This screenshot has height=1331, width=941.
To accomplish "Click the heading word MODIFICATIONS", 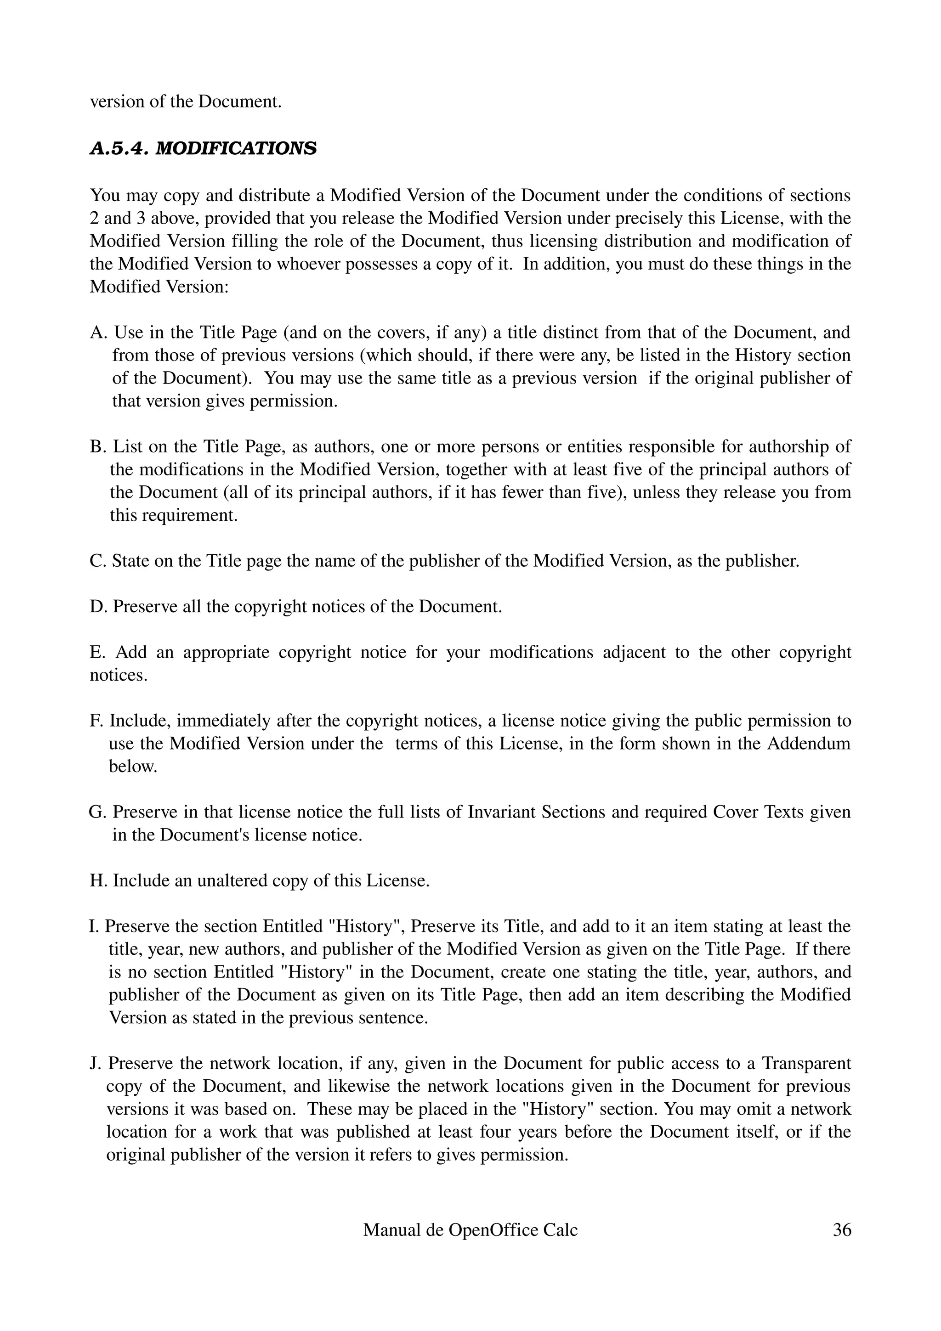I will [x=237, y=149].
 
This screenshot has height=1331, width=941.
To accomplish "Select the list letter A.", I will [x=97, y=333].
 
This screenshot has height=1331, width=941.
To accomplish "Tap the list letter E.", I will [x=96, y=653].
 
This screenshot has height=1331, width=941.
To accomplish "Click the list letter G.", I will [x=96, y=812].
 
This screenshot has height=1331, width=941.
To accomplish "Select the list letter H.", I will [x=97, y=880].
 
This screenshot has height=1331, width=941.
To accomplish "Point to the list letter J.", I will [x=95, y=1064].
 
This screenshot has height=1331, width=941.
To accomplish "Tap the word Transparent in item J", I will [x=806, y=1064].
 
